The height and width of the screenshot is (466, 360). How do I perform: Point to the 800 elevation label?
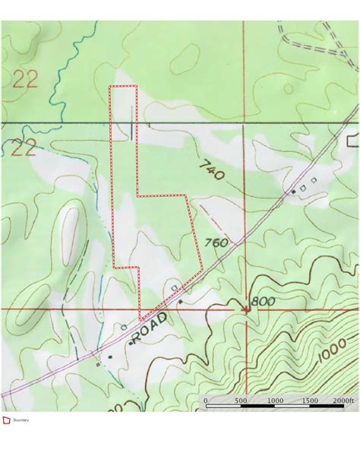[x=263, y=302]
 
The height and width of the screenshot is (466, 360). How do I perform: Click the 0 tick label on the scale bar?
[x=206, y=400]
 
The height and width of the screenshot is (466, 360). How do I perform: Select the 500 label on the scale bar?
[x=240, y=400]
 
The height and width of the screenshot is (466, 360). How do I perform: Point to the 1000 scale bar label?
[x=275, y=400]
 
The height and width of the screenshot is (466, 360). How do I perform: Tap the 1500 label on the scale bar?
[x=310, y=400]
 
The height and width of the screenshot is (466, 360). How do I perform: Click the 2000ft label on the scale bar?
[x=343, y=400]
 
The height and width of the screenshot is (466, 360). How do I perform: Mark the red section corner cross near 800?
[x=246, y=309]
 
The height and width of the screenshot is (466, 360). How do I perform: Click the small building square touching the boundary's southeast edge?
[x=175, y=287]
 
